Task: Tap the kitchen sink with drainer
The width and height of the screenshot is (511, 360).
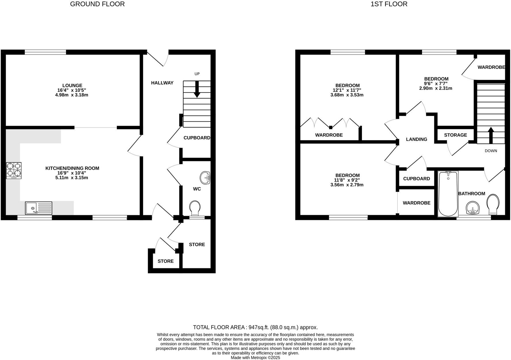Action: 39,208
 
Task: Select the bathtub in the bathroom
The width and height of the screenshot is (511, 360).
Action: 448,194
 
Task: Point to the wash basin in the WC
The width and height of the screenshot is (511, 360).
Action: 205,178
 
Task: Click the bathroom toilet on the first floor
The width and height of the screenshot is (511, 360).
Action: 493,204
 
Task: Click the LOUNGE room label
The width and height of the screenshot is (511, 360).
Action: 72,85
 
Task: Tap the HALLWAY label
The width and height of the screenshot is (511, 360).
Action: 162,83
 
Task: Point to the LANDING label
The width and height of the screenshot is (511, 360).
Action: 416,139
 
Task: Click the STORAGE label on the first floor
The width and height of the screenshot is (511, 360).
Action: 455,135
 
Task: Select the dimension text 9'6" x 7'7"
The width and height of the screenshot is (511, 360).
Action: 436,84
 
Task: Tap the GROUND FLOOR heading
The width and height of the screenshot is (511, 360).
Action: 97,4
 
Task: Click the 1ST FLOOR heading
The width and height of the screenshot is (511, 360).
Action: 389,4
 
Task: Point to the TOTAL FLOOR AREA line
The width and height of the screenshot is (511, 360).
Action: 255,327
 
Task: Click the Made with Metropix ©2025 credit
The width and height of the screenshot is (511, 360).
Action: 255,358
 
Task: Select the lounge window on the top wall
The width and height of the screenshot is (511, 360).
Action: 45,52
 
